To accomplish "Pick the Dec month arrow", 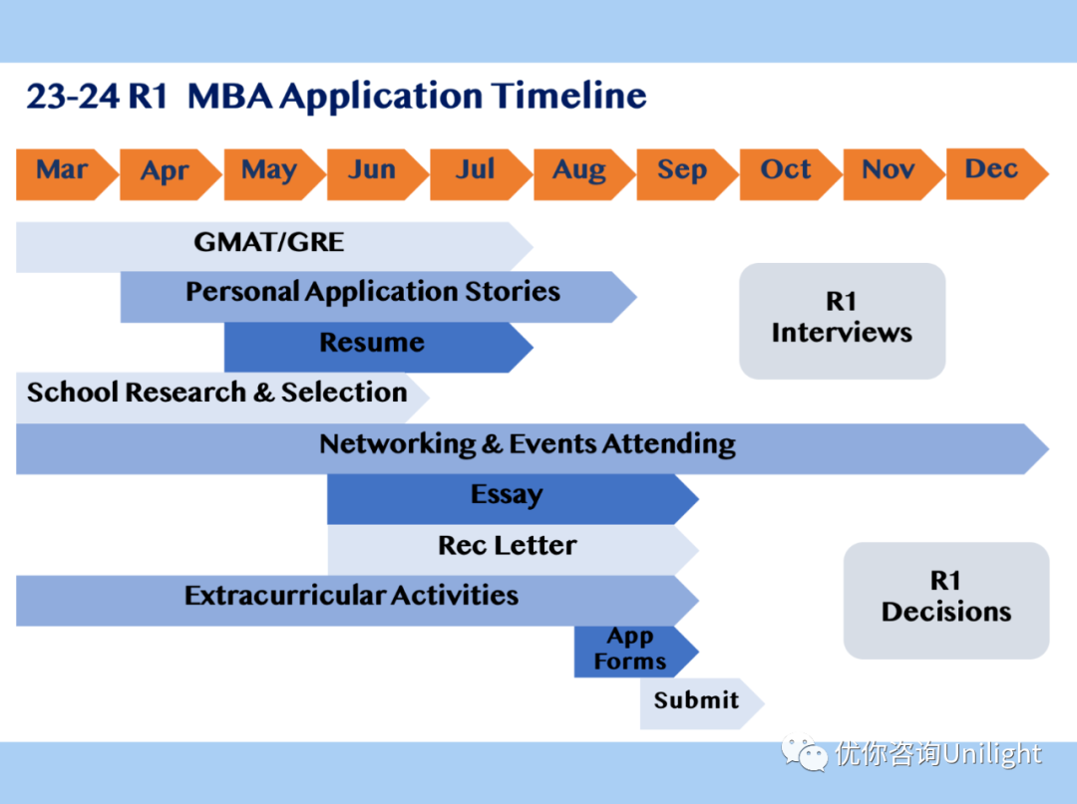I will (x=992, y=172).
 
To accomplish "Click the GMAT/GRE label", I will (x=269, y=242).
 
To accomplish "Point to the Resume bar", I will (x=372, y=344).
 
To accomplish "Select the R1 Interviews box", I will (x=842, y=320).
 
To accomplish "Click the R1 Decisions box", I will (x=945, y=599).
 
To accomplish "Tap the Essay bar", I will (x=507, y=496).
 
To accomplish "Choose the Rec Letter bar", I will (x=507, y=547).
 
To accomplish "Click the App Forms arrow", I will (x=630, y=650).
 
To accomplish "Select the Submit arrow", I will (x=696, y=701).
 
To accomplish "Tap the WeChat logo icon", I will (x=804, y=753).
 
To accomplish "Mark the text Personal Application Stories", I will (x=372, y=293).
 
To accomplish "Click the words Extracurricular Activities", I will (x=351, y=597).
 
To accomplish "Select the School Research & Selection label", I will (x=216, y=394).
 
